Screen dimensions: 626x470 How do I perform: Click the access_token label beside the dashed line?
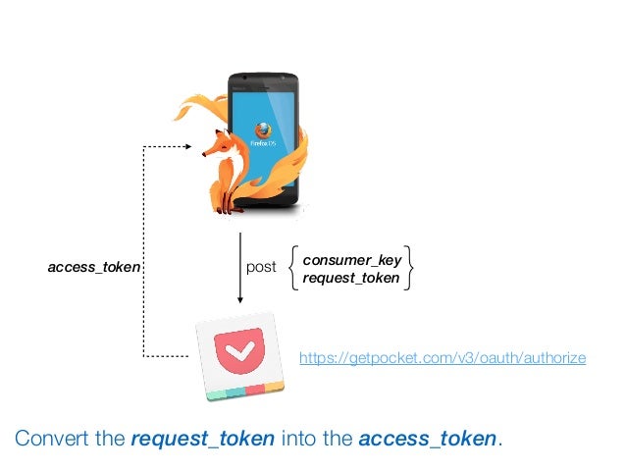[95, 267]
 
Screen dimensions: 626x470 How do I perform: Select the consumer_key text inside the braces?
[351, 260]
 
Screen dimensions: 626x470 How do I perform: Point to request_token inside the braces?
[351, 278]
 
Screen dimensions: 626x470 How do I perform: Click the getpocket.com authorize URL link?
[442, 359]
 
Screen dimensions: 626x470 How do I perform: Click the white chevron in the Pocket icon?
[238, 348]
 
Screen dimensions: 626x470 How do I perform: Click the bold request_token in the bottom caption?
[202, 439]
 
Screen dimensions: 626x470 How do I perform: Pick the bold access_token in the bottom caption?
[428, 439]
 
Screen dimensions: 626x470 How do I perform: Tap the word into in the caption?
[300, 439]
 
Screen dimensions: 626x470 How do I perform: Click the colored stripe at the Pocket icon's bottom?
[245, 391]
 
